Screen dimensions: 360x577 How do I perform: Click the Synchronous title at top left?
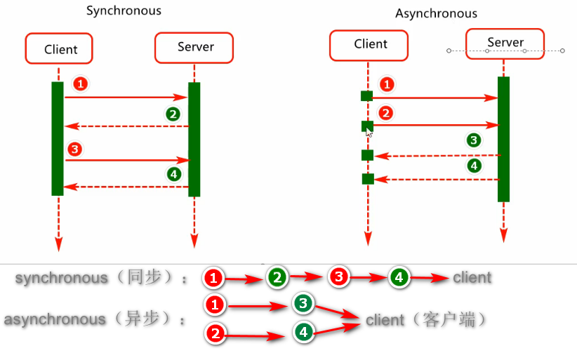[x=124, y=11]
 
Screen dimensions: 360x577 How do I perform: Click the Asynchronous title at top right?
[x=436, y=13]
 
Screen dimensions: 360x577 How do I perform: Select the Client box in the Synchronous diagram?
[x=60, y=49]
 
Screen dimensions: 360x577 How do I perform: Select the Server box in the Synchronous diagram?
[x=195, y=47]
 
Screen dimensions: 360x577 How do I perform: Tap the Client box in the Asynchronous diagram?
[x=370, y=44]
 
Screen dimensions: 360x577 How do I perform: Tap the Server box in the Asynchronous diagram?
[x=505, y=43]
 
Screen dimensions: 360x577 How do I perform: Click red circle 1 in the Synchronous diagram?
[x=81, y=84]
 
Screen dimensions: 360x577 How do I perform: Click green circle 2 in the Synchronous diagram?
[x=173, y=114]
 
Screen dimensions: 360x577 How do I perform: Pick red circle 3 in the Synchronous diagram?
[x=74, y=149]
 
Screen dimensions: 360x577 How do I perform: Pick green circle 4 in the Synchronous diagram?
[x=173, y=173]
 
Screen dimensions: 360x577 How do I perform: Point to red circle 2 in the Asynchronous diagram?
[x=385, y=113]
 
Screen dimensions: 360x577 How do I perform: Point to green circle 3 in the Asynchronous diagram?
[x=475, y=140]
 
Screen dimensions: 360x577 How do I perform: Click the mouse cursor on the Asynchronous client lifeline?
[x=370, y=131]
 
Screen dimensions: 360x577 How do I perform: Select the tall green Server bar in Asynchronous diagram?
[x=503, y=139]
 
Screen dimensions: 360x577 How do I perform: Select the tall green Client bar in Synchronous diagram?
[x=58, y=139]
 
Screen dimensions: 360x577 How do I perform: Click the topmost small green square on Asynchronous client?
[x=366, y=96]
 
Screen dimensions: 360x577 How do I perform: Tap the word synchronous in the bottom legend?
[x=62, y=278]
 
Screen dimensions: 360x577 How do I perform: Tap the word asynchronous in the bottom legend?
[x=55, y=320]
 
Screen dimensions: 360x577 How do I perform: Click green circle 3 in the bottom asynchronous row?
[x=303, y=304]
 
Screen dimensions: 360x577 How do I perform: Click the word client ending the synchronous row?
[x=472, y=277]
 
